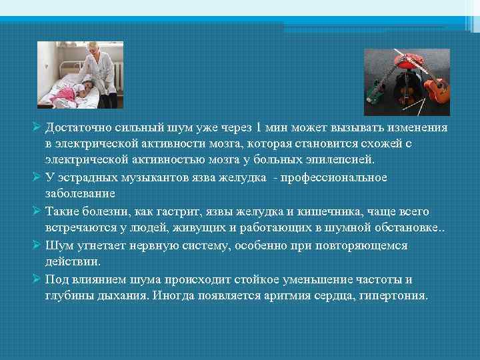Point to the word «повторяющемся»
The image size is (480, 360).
(364, 245)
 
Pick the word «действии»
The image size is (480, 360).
(74, 261)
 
